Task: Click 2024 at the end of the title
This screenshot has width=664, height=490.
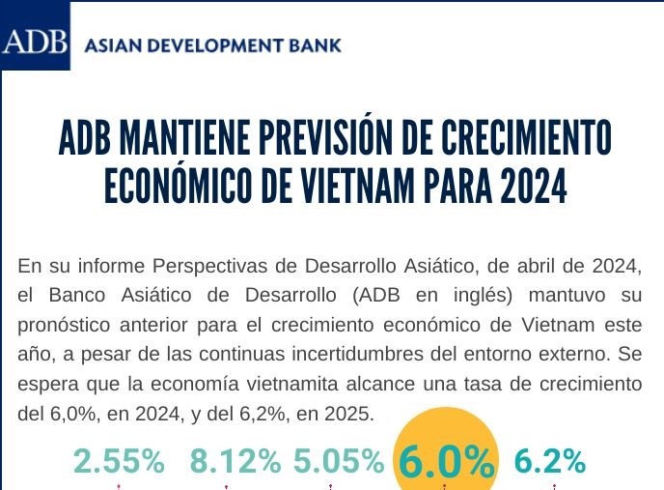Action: tap(533, 187)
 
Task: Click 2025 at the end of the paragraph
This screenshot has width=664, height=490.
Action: tap(347, 414)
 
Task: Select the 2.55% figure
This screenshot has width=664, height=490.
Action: tap(119, 462)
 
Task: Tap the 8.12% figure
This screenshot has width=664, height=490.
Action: tap(235, 462)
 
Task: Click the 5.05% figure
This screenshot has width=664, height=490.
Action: tap(339, 462)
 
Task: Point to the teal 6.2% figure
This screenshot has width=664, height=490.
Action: tap(550, 462)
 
